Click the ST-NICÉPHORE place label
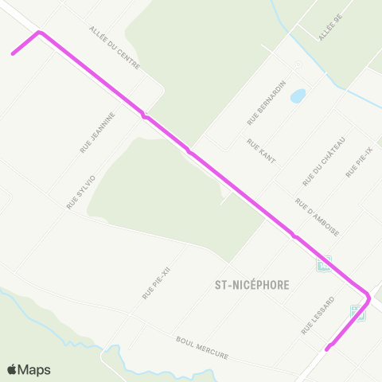pyautogui.click(x=251, y=284)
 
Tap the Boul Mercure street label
pyautogui.click(x=202, y=347)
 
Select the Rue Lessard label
pyautogui.click(x=318, y=315)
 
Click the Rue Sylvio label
pyautogui.click(x=81, y=192)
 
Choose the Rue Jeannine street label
pyautogui.click(x=98, y=132)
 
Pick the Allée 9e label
pyautogui.click(x=329, y=29)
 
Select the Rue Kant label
pyautogui.click(x=261, y=151)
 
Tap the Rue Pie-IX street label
pyautogui.click(x=359, y=162)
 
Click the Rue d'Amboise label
pyautogui.click(x=318, y=217)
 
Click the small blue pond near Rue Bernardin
pyautogui.click(x=298, y=96)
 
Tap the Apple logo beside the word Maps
pyautogui.click(x=12, y=370)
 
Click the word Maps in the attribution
pyautogui.click(x=35, y=370)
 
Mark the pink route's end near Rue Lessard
pyautogui.click(x=327, y=348)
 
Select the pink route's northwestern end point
pyautogui.click(x=13, y=54)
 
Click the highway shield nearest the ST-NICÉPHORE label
pyautogui.click(x=323, y=263)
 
